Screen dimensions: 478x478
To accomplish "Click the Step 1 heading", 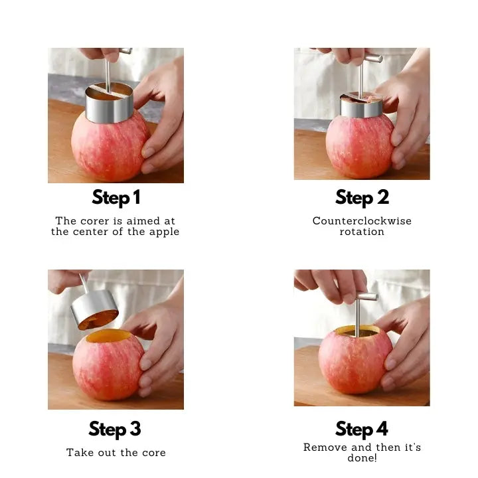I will click(x=116, y=198).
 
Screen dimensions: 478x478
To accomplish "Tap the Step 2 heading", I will click(x=362, y=198).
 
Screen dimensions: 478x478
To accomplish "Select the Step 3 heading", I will click(x=116, y=429).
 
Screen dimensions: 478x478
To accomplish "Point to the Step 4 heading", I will click(x=362, y=429).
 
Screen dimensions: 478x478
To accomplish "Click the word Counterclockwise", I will click(x=362, y=221).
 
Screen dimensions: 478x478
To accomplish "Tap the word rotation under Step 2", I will click(x=362, y=232).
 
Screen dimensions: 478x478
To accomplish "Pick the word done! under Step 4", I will click(x=362, y=458).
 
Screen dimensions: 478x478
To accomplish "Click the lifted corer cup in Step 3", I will click(x=94, y=311).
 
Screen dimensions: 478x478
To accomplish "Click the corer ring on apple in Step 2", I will click(x=360, y=106).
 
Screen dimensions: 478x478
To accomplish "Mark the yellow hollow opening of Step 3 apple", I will click(x=108, y=336).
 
